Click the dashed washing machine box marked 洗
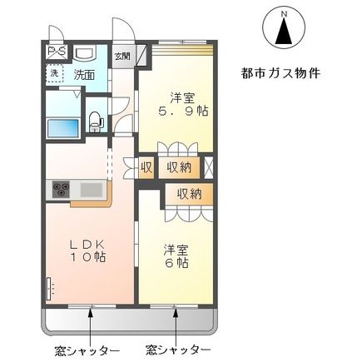[x=54, y=73]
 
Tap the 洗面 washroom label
[x=83, y=75]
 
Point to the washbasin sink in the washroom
[x=85, y=53]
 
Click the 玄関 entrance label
[x=122, y=57]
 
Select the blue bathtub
[x=63, y=127]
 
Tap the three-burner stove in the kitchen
[x=62, y=190]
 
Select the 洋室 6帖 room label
[x=176, y=255]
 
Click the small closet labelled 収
[x=146, y=166]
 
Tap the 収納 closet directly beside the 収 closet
[x=178, y=166]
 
